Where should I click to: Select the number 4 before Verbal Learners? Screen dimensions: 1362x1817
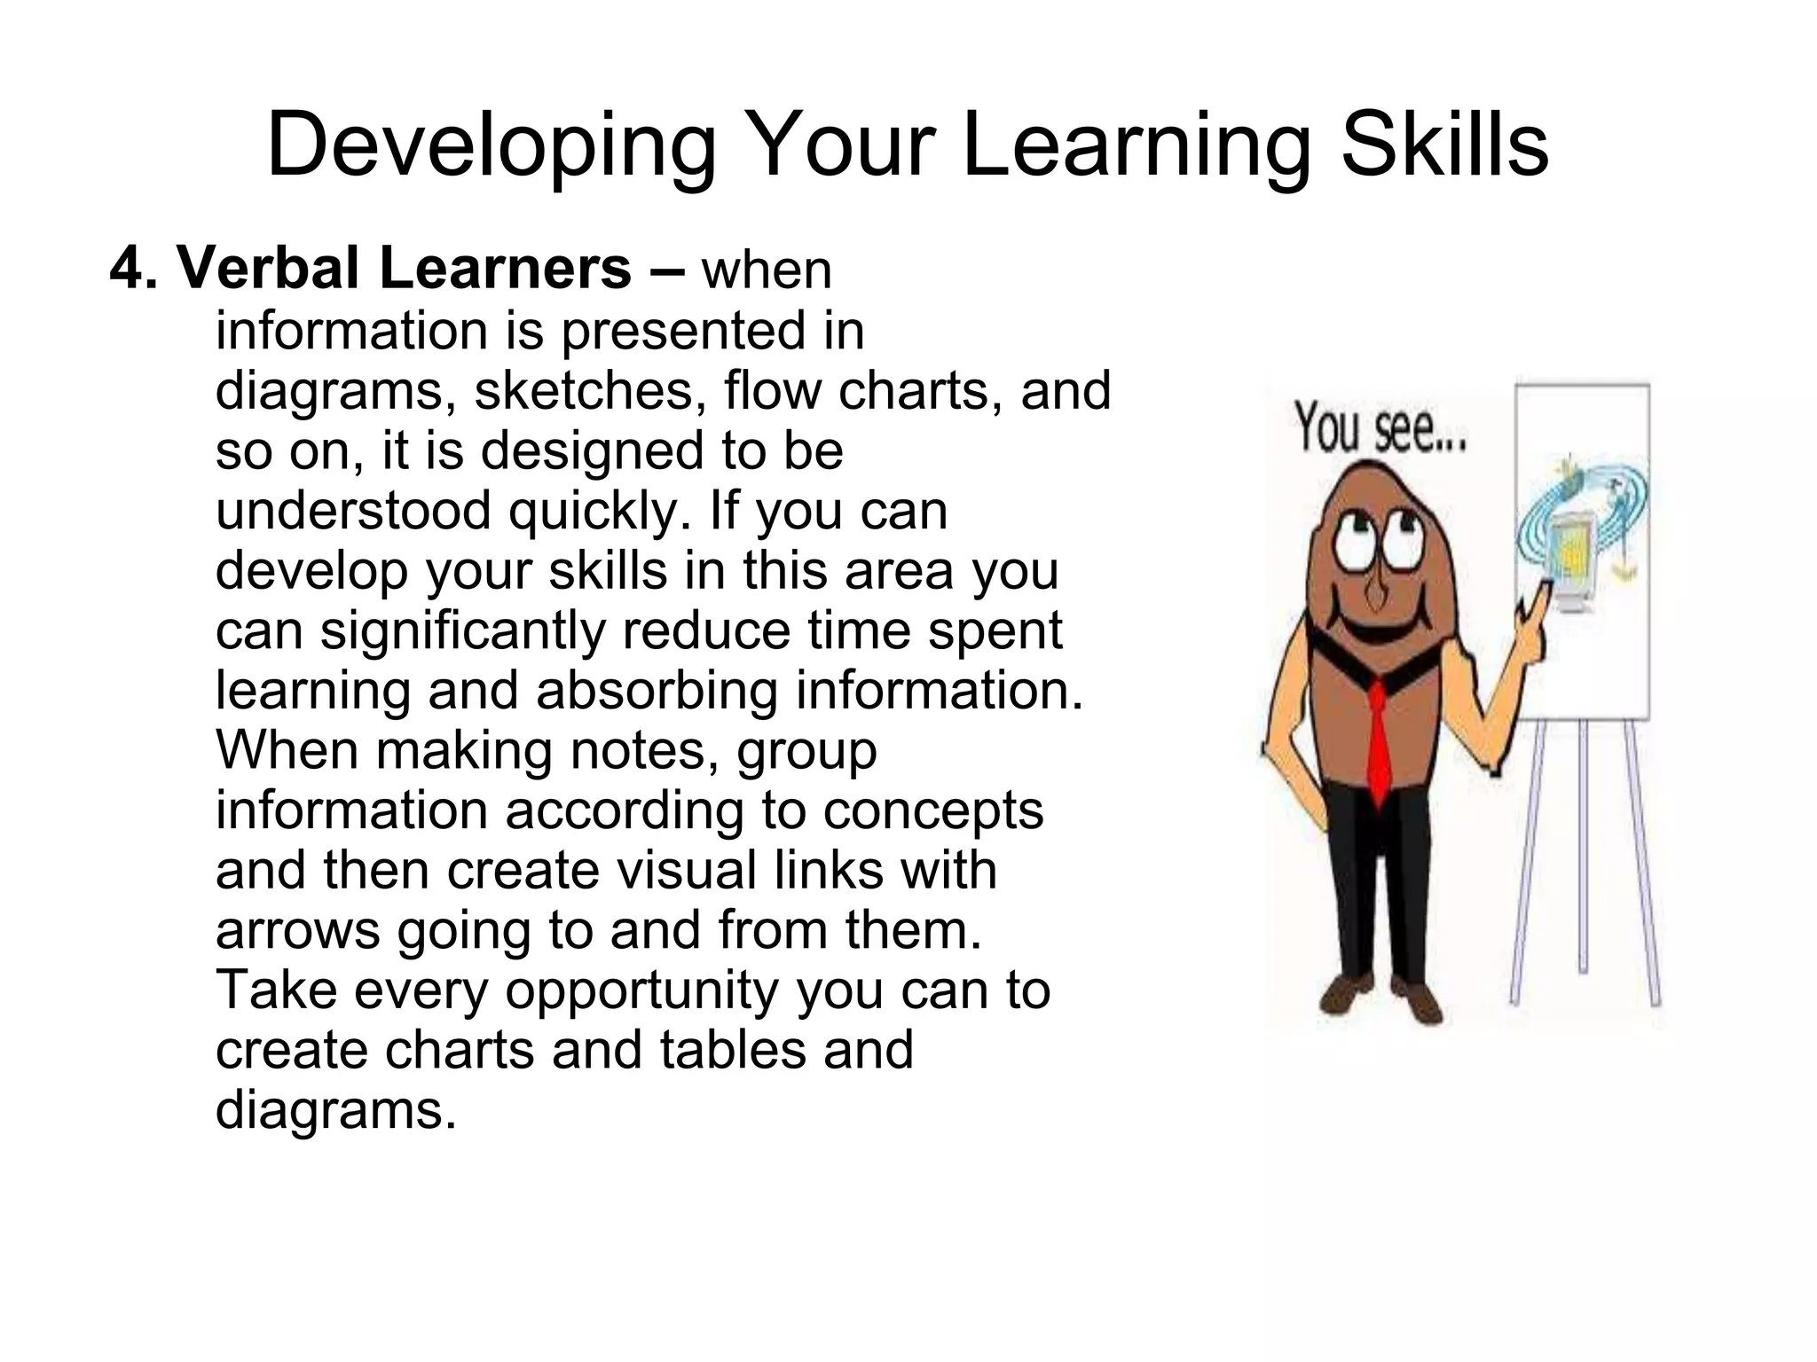tap(126, 268)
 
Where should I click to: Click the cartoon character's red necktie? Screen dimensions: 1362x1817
tap(1378, 740)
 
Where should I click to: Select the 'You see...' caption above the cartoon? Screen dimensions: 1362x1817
tap(1380, 429)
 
